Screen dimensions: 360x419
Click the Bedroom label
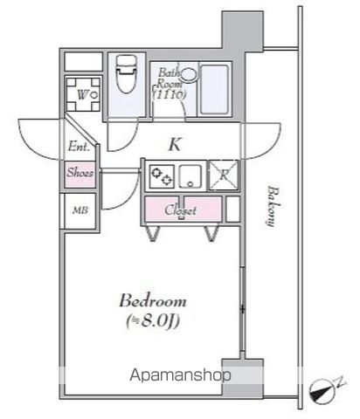pos(153,300)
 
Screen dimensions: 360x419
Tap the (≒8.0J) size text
pos(153,321)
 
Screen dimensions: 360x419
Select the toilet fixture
pos(127,74)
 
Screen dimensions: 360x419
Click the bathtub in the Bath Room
pos(214,90)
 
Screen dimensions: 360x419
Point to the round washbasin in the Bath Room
pos(188,75)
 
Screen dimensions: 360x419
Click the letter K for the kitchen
pos(175,144)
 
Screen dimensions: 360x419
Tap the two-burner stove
pos(162,176)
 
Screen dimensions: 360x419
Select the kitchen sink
pos(190,176)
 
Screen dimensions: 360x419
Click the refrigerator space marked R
pos(224,175)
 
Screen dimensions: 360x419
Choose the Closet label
pos(181,210)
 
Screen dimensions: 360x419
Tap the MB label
pos(80,210)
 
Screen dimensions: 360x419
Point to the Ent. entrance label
pos(79,146)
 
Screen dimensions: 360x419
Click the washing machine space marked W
pos(83,94)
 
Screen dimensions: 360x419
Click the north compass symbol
pos(322,392)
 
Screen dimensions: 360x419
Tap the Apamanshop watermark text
pos(180,375)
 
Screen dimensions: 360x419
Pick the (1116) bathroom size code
pos(170,94)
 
